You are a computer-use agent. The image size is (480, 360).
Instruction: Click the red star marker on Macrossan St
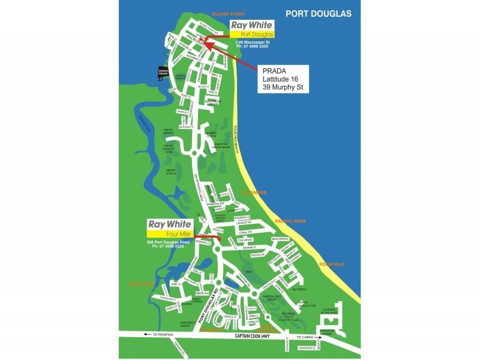[x=203, y=41]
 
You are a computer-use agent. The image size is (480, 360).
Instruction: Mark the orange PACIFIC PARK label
[x=290, y=221]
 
